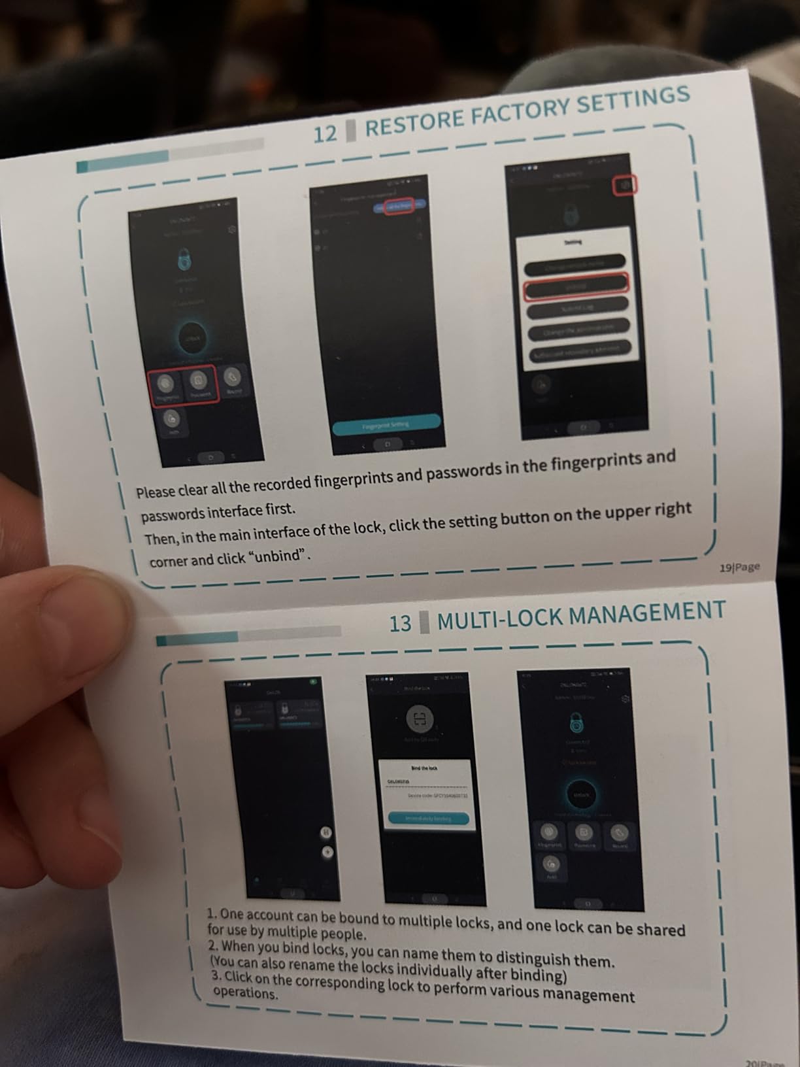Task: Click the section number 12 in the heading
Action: [x=325, y=134]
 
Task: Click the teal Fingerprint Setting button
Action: [x=386, y=425]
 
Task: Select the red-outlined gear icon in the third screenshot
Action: [x=624, y=186]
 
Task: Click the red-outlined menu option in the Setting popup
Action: [x=576, y=286]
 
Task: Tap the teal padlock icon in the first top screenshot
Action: [x=185, y=260]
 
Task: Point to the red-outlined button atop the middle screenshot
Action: [x=397, y=207]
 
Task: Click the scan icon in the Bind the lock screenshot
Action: [x=420, y=719]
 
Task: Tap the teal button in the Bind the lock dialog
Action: [x=428, y=818]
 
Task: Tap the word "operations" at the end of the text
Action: [x=246, y=992]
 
